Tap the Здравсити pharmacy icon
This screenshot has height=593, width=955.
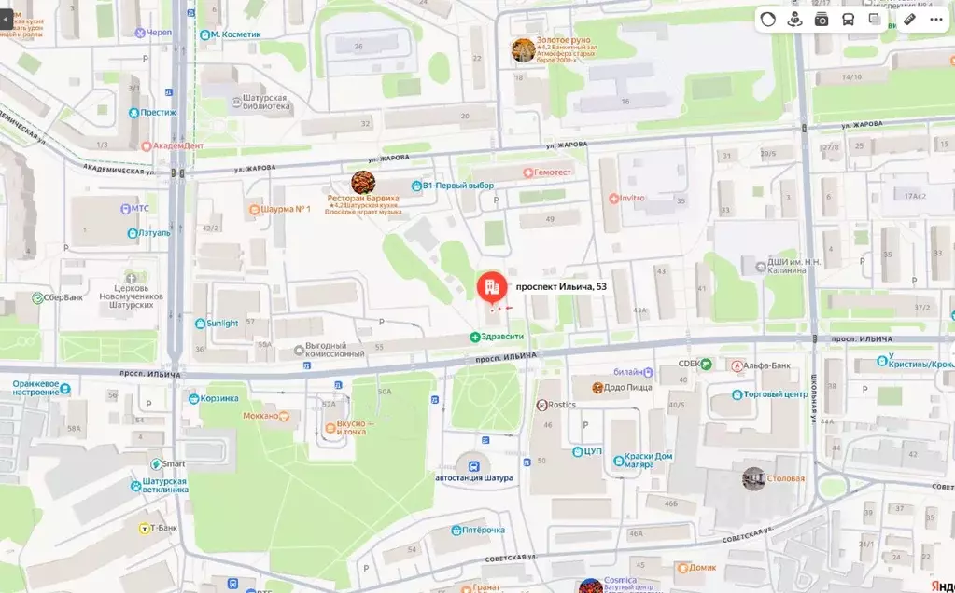pyautogui.click(x=475, y=337)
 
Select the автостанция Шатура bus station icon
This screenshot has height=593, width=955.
pyautogui.click(x=474, y=464)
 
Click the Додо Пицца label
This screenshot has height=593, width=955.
pyautogui.click(x=628, y=387)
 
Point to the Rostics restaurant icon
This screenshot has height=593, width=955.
pyautogui.click(x=542, y=405)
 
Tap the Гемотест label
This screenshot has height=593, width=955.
pyautogui.click(x=553, y=172)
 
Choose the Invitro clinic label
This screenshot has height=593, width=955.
pyautogui.click(x=631, y=198)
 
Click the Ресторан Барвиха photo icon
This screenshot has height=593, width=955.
pyautogui.click(x=363, y=182)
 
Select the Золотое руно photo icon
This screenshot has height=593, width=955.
pyautogui.click(x=523, y=50)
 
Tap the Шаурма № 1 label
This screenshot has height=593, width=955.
pyautogui.click(x=286, y=209)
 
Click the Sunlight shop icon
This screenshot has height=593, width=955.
pyautogui.click(x=200, y=324)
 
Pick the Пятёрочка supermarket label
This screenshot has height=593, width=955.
pyautogui.click(x=484, y=530)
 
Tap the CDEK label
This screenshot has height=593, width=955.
pyautogui.click(x=689, y=365)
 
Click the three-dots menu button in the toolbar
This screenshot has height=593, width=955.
pyautogui.click(x=935, y=19)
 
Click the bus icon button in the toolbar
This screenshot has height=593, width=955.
pyautogui.click(x=848, y=19)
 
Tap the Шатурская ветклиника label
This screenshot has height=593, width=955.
pyautogui.click(x=165, y=485)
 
